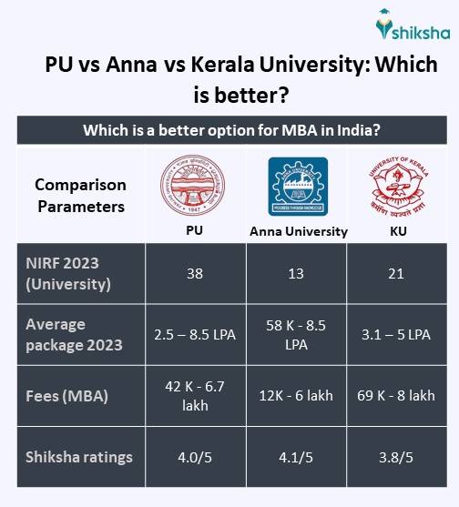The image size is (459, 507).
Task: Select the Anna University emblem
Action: pos(299,186)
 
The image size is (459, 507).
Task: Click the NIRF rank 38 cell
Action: pos(196,274)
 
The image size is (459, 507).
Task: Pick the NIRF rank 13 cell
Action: pos(299,274)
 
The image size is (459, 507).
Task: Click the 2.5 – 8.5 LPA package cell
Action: pos(196,335)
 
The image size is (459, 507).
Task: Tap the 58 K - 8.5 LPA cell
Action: pos(299,335)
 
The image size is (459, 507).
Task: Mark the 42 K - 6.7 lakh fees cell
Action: pos(196,396)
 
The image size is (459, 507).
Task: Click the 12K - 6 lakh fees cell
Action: pos(299,396)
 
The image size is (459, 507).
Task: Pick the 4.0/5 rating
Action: pos(196,458)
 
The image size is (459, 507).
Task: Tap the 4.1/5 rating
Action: pos(299,458)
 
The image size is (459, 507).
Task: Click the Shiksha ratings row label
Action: pos(79,457)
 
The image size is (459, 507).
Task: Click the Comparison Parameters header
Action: pos(80,195)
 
